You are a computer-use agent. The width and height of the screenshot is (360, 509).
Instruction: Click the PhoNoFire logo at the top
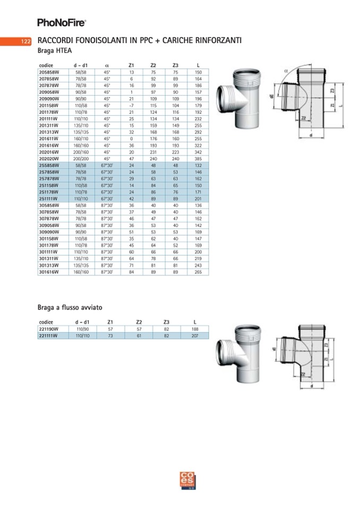(61, 22)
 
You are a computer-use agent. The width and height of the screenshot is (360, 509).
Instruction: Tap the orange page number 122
(25, 41)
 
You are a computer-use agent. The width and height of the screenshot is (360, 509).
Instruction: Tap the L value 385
(198, 158)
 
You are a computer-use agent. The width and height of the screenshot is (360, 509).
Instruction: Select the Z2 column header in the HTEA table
(153, 65)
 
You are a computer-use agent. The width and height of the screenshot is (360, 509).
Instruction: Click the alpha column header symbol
(107, 65)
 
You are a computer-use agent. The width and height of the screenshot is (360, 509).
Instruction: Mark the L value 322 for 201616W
(198, 145)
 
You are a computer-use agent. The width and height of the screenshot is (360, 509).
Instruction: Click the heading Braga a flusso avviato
(69, 307)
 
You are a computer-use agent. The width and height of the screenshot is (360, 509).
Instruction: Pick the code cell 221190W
(48, 329)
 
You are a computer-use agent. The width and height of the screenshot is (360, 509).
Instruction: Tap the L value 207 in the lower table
(195, 335)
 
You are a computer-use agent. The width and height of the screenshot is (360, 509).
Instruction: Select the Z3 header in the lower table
(166, 322)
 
